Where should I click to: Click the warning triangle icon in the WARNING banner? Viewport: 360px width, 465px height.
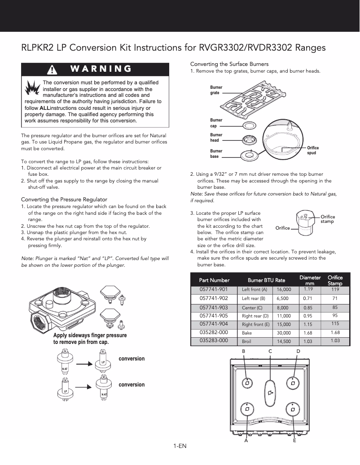pyautogui.click(x=53, y=69)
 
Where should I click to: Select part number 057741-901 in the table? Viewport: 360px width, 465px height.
pyautogui.click(x=214, y=290)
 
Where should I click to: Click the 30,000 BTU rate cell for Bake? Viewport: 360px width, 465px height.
pyautogui.click(x=284, y=333)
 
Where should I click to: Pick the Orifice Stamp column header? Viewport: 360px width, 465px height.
pyautogui.click(x=335, y=280)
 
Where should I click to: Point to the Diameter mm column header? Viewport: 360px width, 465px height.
pyautogui.click(x=310, y=280)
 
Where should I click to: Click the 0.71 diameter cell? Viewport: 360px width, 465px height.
pyautogui.click(x=307, y=298)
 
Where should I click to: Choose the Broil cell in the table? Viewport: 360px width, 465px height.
pyautogui.click(x=246, y=342)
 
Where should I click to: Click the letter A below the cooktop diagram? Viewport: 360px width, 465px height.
pyautogui.click(x=246, y=441)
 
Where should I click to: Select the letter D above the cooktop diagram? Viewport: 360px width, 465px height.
pyautogui.click(x=298, y=351)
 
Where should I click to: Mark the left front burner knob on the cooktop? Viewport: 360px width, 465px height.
pyautogui.click(x=247, y=409)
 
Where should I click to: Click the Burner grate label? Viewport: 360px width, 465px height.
pyautogui.click(x=216, y=90)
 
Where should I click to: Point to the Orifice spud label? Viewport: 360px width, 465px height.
pyautogui.click(x=312, y=150)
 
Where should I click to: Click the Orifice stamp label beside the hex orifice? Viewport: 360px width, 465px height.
pyautogui.click(x=328, y=219)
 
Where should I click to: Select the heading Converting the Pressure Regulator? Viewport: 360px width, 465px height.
pyautogui.click(x=64, y=199)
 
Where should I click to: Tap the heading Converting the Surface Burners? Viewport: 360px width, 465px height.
pyautogui.click(x=229, y=64)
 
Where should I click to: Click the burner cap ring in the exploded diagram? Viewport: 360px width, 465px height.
pyautogui.click(x=249, y=125)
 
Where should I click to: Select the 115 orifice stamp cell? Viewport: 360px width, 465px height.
pyautogui.click(x=335, y=324)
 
